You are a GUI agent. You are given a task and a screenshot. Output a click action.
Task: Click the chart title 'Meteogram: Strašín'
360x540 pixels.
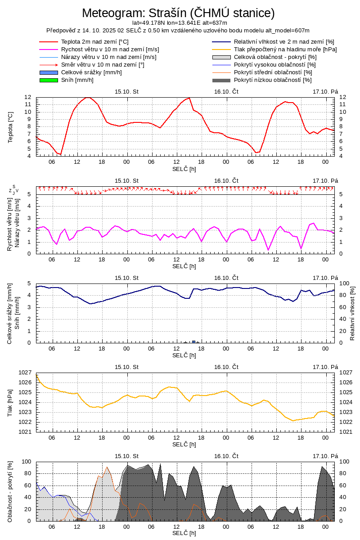coord(178,13)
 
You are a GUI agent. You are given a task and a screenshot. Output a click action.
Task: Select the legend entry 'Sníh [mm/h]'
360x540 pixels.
coord(77,80)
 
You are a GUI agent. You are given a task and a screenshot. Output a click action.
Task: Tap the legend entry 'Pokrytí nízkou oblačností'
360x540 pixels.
coord(272,80)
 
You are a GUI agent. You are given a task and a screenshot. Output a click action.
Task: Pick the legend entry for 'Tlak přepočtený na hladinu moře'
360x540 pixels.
coord(285,49)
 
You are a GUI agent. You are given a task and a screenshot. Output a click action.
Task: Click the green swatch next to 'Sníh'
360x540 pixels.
coord(49,80)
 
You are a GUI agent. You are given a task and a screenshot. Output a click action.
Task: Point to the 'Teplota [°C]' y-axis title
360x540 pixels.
coord(11,127)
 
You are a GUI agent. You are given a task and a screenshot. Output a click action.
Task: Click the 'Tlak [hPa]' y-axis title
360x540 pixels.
coord(11,402)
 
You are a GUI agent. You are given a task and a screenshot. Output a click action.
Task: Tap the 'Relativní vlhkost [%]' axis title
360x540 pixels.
coord(352,312)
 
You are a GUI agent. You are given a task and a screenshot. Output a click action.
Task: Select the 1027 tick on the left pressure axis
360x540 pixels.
coord(26,373)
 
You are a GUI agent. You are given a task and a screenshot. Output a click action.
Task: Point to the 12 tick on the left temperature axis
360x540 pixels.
coord(28,97)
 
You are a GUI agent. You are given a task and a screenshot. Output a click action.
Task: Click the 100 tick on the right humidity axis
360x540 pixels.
coord(344,283)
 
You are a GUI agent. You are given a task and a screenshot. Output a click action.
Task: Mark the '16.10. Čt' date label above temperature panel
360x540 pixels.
coord(226,92)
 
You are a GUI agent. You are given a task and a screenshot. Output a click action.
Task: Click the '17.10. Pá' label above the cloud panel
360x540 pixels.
coord(325,456)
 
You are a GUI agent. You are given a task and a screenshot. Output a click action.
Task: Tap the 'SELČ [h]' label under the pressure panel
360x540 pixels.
coord(184,445)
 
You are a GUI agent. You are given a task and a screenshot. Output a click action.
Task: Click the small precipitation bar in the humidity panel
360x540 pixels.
coord(194,342)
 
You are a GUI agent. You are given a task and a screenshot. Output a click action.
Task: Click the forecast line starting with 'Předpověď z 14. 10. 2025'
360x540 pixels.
coord(178,30)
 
